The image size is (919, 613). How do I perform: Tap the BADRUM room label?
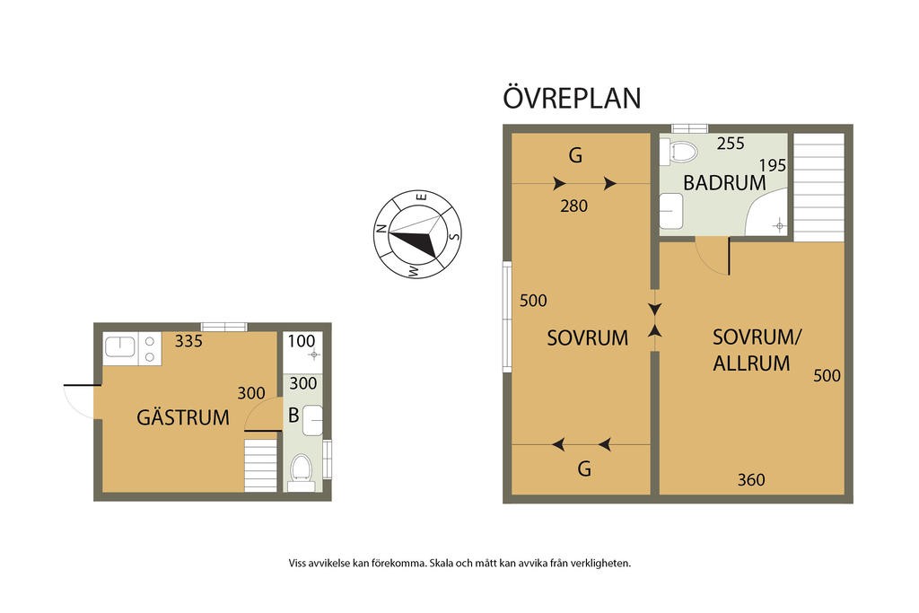tap(724, 183)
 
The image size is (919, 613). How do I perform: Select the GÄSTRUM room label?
tap(183, 416)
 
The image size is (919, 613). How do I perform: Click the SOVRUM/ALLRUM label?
tap(756, 350)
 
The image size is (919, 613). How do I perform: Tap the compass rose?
tap(417, 234)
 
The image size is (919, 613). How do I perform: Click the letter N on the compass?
tap(381, 229)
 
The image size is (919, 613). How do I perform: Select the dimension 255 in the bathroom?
tap(731, 143)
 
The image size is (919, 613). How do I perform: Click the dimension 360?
tap(751, 480)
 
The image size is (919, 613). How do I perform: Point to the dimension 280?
tap(573, 206)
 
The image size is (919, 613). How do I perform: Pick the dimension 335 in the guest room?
tap(188, 340)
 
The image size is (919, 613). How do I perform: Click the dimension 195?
tap(772, 165)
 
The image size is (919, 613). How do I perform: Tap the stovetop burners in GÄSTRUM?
tap(149, 349)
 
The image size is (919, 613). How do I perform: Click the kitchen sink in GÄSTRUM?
tap(120, 347)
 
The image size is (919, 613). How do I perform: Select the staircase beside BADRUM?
tap(818, 187)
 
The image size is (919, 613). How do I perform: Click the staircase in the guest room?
tap(260, 465)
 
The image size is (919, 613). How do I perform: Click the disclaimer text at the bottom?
tap(459, 563)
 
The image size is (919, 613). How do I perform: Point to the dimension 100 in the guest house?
tap(302, 340)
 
